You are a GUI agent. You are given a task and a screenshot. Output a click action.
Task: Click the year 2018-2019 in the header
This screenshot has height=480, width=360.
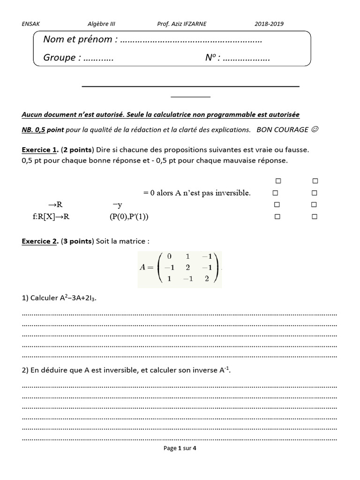[x=269, y=24]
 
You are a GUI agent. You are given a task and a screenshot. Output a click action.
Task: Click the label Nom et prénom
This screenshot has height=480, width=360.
[x=78, y=40]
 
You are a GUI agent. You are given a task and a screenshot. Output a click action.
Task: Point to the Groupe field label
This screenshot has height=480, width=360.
[x=60, y=58]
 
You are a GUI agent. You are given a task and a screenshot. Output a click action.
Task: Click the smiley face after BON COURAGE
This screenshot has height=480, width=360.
[x=315, y=130]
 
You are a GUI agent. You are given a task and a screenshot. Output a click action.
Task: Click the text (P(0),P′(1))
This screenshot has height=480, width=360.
[x=126, y=217]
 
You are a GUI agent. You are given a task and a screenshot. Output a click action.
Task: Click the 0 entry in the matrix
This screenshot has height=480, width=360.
[x=169, y=256]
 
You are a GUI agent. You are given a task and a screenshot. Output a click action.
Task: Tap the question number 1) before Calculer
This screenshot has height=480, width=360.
[x=25, y=298]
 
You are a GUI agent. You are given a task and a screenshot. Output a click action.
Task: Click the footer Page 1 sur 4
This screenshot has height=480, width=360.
[x=180, y=449]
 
